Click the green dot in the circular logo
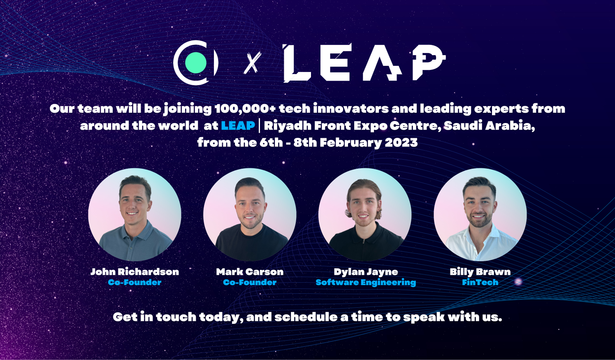[196, 63]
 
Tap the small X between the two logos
[252, 63]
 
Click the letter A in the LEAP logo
[383, 63]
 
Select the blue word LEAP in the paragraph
[238, 125]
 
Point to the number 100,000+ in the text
[245, 109]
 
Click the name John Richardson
[135, 272]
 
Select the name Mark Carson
[250, 272]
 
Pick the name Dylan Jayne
[366, 272]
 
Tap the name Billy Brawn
[480, 272]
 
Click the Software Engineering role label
[366, 282]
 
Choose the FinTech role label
[480, 282]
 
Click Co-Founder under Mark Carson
[250, 282]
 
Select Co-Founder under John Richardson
[135, 282]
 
